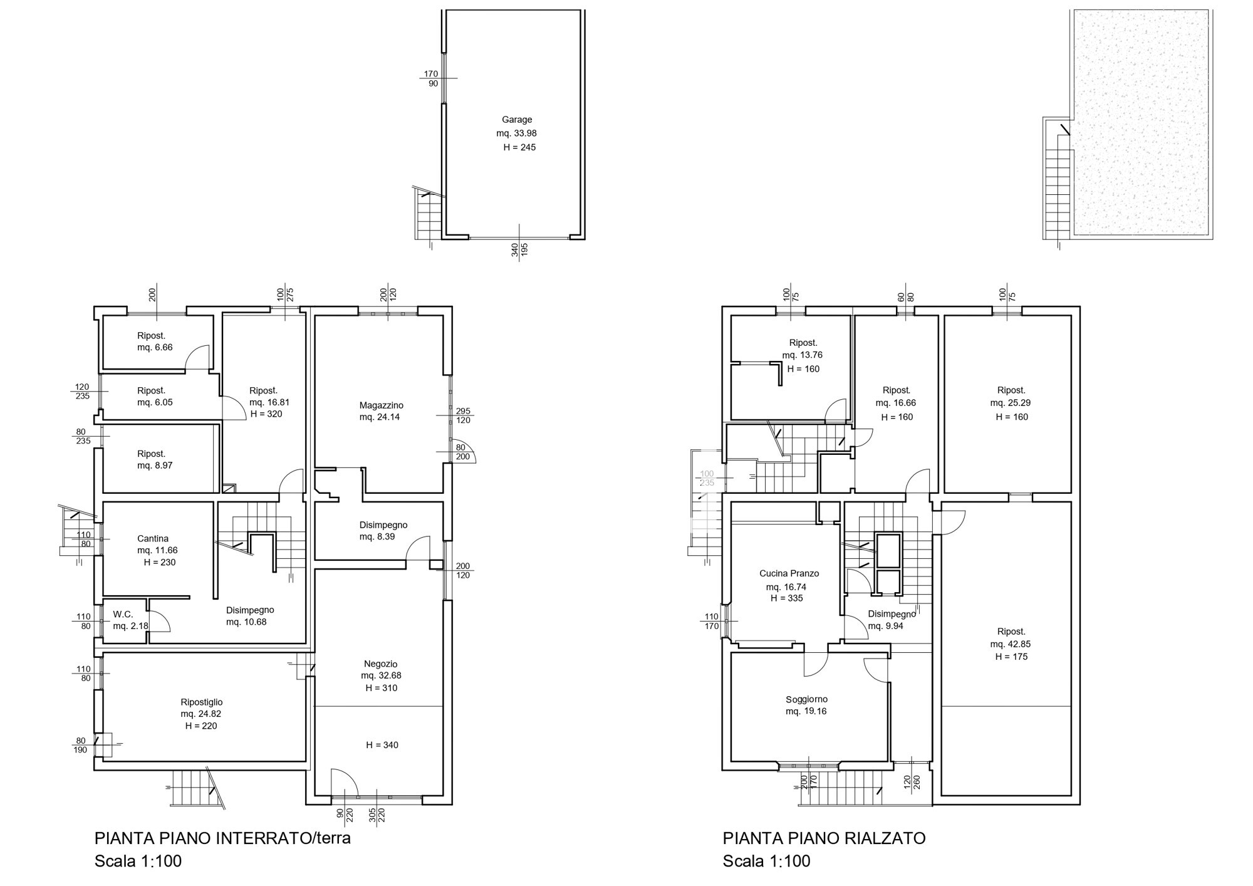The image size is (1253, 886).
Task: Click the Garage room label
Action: tap(517, 120)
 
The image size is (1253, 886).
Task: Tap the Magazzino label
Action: tap(382, 405)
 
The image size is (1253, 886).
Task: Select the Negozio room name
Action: tap(381, 664)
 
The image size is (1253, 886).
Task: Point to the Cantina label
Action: tap(153, 538)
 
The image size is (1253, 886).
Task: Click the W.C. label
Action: tap(123, 615)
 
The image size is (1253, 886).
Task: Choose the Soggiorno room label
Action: tap(807, 699)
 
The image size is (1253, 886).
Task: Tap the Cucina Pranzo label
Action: tap(789, 573)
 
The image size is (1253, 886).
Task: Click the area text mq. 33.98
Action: tap(517, 133)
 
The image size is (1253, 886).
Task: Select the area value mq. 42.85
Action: tap(1011, 644)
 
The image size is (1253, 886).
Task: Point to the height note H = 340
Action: tap(382, 745)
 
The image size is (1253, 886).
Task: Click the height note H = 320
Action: tap(266, 414)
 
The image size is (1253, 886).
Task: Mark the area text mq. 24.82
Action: tap(201, 714)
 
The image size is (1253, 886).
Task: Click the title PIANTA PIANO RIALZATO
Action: tap(824, 838)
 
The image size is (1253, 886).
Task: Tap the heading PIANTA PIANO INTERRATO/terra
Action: tap(223, 838)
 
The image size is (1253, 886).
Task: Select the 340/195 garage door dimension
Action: tap(519, 249)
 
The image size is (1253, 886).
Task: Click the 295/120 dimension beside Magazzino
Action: tap(463, 415)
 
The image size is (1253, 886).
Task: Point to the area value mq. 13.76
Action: tap(803, 355)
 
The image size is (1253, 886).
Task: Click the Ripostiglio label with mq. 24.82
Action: tap(202, 702)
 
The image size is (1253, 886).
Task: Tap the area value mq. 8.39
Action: tap(377, 537)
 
